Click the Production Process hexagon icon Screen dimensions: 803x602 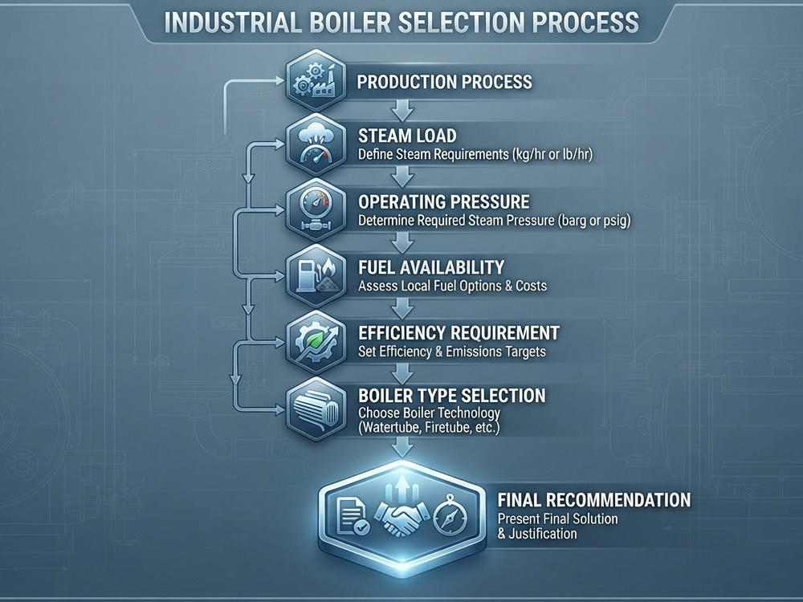pos(316,80)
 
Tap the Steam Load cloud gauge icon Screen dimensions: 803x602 pos(316,144)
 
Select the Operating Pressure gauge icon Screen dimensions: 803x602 pos(316,209)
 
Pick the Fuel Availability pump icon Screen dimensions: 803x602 pos(316,275)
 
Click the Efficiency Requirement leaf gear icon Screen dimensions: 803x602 pos(316,341)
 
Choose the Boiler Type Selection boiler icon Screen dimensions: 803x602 pos(316,409)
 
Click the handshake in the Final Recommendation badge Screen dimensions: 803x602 pos(401,517)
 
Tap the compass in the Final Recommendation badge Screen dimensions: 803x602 pos(450,515)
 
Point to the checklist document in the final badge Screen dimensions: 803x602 pos(353,516)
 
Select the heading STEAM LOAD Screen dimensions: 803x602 pos(407,136)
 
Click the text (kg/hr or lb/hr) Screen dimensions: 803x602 pos(552,154)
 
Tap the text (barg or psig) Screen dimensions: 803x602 pos(594,221)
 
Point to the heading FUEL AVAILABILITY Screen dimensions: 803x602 pos(431,267)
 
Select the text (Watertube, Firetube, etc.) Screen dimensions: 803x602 pos(429,428)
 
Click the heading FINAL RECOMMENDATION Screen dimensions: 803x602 pos(594,499)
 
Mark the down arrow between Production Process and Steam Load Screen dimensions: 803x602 pos(402,110)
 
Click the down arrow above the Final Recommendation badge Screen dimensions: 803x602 pos(402,448)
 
